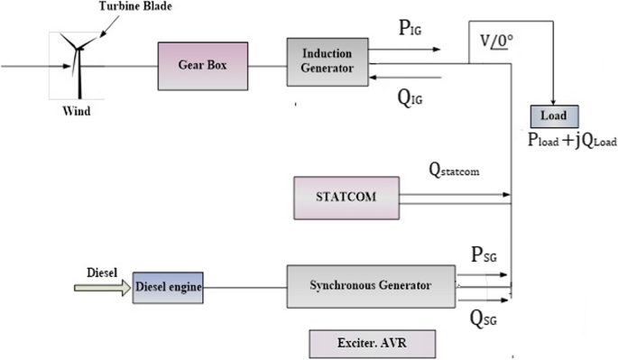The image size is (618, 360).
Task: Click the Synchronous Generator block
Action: pos(370,286)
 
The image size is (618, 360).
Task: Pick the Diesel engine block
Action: pos(168,287)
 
